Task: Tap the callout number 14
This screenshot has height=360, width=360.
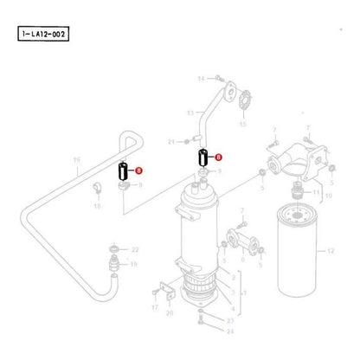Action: tap(199, 79)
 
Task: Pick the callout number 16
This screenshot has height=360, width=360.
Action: tap(76, 160)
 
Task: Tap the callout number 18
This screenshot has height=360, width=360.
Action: tap(97, 207)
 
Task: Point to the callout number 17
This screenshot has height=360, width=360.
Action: tap(154, 306)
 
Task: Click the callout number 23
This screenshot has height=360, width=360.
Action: tap(229, 321)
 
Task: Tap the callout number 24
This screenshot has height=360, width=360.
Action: tap(229, 331)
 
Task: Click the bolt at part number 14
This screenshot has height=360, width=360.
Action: tap(215, 78)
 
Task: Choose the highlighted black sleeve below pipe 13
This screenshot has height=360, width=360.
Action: tap(202, 158)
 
